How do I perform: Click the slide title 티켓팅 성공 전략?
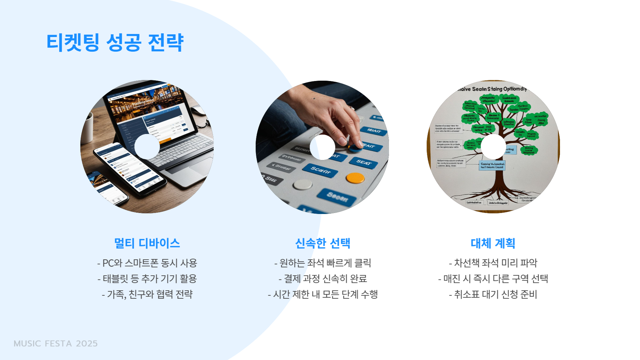coord(115,43)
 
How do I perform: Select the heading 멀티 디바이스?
coord(147,243)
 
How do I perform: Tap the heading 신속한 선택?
coord(323,243)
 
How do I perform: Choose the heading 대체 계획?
coord(493,243)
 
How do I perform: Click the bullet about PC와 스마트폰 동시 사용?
coord(147,263)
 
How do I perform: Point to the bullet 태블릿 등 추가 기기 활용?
coord(147,279)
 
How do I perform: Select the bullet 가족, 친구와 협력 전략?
coord(147,294)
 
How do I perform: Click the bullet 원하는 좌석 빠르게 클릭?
coord(323,263)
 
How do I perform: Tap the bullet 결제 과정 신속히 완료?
coord(323,279)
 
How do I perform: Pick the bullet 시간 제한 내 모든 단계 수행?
coord(323,294)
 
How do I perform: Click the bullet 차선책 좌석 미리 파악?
coord(493,263)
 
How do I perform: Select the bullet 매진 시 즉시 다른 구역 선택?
coord(493,279)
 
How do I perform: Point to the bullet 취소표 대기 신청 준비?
coord(493,294)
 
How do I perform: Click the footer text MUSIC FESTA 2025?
coord(56,344)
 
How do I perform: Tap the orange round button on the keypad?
coord(355,178)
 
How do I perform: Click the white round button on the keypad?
coord(303,184)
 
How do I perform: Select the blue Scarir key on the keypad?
coord(320,170)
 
